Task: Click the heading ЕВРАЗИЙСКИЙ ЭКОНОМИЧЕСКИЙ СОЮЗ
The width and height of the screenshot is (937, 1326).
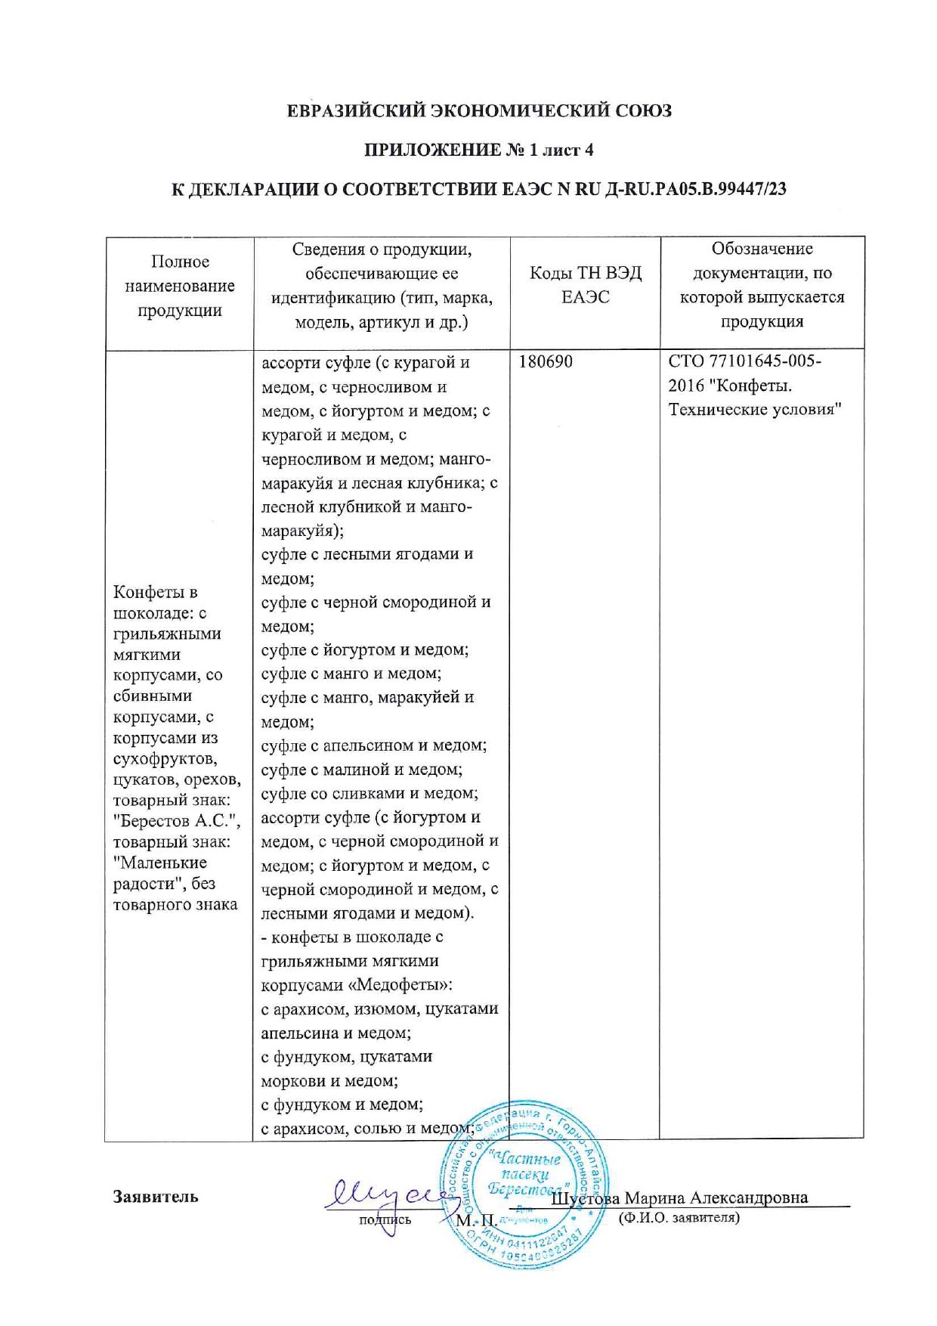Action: tap(479, 111)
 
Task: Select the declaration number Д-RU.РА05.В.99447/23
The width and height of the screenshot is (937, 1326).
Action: tap(696, 190)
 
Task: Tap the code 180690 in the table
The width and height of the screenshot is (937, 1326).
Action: tap(546, 362)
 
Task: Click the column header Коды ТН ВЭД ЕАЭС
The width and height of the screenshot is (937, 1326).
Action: tap(586, 285)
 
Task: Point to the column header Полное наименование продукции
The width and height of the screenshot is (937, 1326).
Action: tap(180, 286)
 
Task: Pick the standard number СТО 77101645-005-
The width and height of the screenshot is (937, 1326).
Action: tap(744, 361)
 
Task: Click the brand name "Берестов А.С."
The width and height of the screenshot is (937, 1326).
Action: tap(176, 821)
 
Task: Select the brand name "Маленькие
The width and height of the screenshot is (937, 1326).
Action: tap(160, 863)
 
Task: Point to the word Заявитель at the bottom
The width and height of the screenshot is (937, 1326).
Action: tap(156, 1197)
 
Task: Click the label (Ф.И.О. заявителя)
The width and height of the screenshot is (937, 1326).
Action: tap(679, 1218)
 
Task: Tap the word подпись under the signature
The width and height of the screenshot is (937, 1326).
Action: tap(385, 1219)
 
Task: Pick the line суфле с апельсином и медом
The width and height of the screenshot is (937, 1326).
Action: tap(373, 745)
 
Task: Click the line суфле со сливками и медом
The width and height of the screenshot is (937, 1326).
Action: tap(370, 794)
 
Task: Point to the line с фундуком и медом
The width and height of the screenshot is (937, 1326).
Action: tap(342, 1104)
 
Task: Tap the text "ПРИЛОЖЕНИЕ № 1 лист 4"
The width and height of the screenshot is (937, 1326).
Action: tap(479, 150)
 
